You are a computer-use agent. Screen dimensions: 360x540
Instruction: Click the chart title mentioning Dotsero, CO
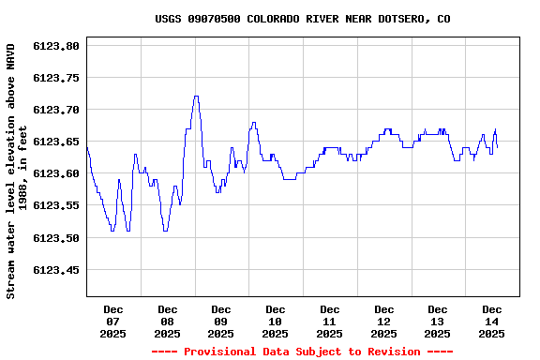(x=302, y=19)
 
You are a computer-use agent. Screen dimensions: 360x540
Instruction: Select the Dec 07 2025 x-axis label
(x=113, y=321)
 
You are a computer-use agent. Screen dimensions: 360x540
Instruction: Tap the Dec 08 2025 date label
(x=167, y=321)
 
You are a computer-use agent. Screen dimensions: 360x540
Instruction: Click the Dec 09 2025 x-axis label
(x=221, y=321)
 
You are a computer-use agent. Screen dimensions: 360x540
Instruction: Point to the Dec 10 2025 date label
(x=276, y=321)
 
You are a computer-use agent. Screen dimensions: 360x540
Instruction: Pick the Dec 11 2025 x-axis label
(x=329, y=321)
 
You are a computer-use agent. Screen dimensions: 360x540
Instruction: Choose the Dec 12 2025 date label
(x=383, y=321)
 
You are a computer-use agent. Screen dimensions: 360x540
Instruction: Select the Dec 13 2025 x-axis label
(x=438, y=321)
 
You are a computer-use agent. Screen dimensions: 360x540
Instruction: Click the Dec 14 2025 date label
(x=491, y=321)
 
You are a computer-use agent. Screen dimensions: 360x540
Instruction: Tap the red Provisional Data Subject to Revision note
(x=302, y=352)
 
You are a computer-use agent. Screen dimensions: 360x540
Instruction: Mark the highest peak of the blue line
(x=196, y=96)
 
